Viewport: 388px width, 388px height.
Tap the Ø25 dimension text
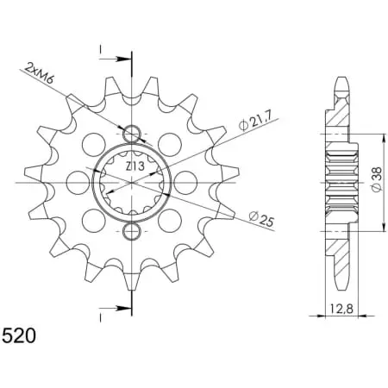pos(261,219)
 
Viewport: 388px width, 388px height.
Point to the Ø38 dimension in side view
pos(377,179)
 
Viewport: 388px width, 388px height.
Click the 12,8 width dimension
pos(341,310)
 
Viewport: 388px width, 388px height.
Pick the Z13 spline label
pos(135,166)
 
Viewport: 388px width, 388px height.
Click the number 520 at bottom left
pos(19,335)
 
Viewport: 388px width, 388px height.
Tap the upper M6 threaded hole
pos(132,134)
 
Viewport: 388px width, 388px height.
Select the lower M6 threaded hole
pos(132,231)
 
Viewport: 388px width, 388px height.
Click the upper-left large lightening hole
pos(93,145)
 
